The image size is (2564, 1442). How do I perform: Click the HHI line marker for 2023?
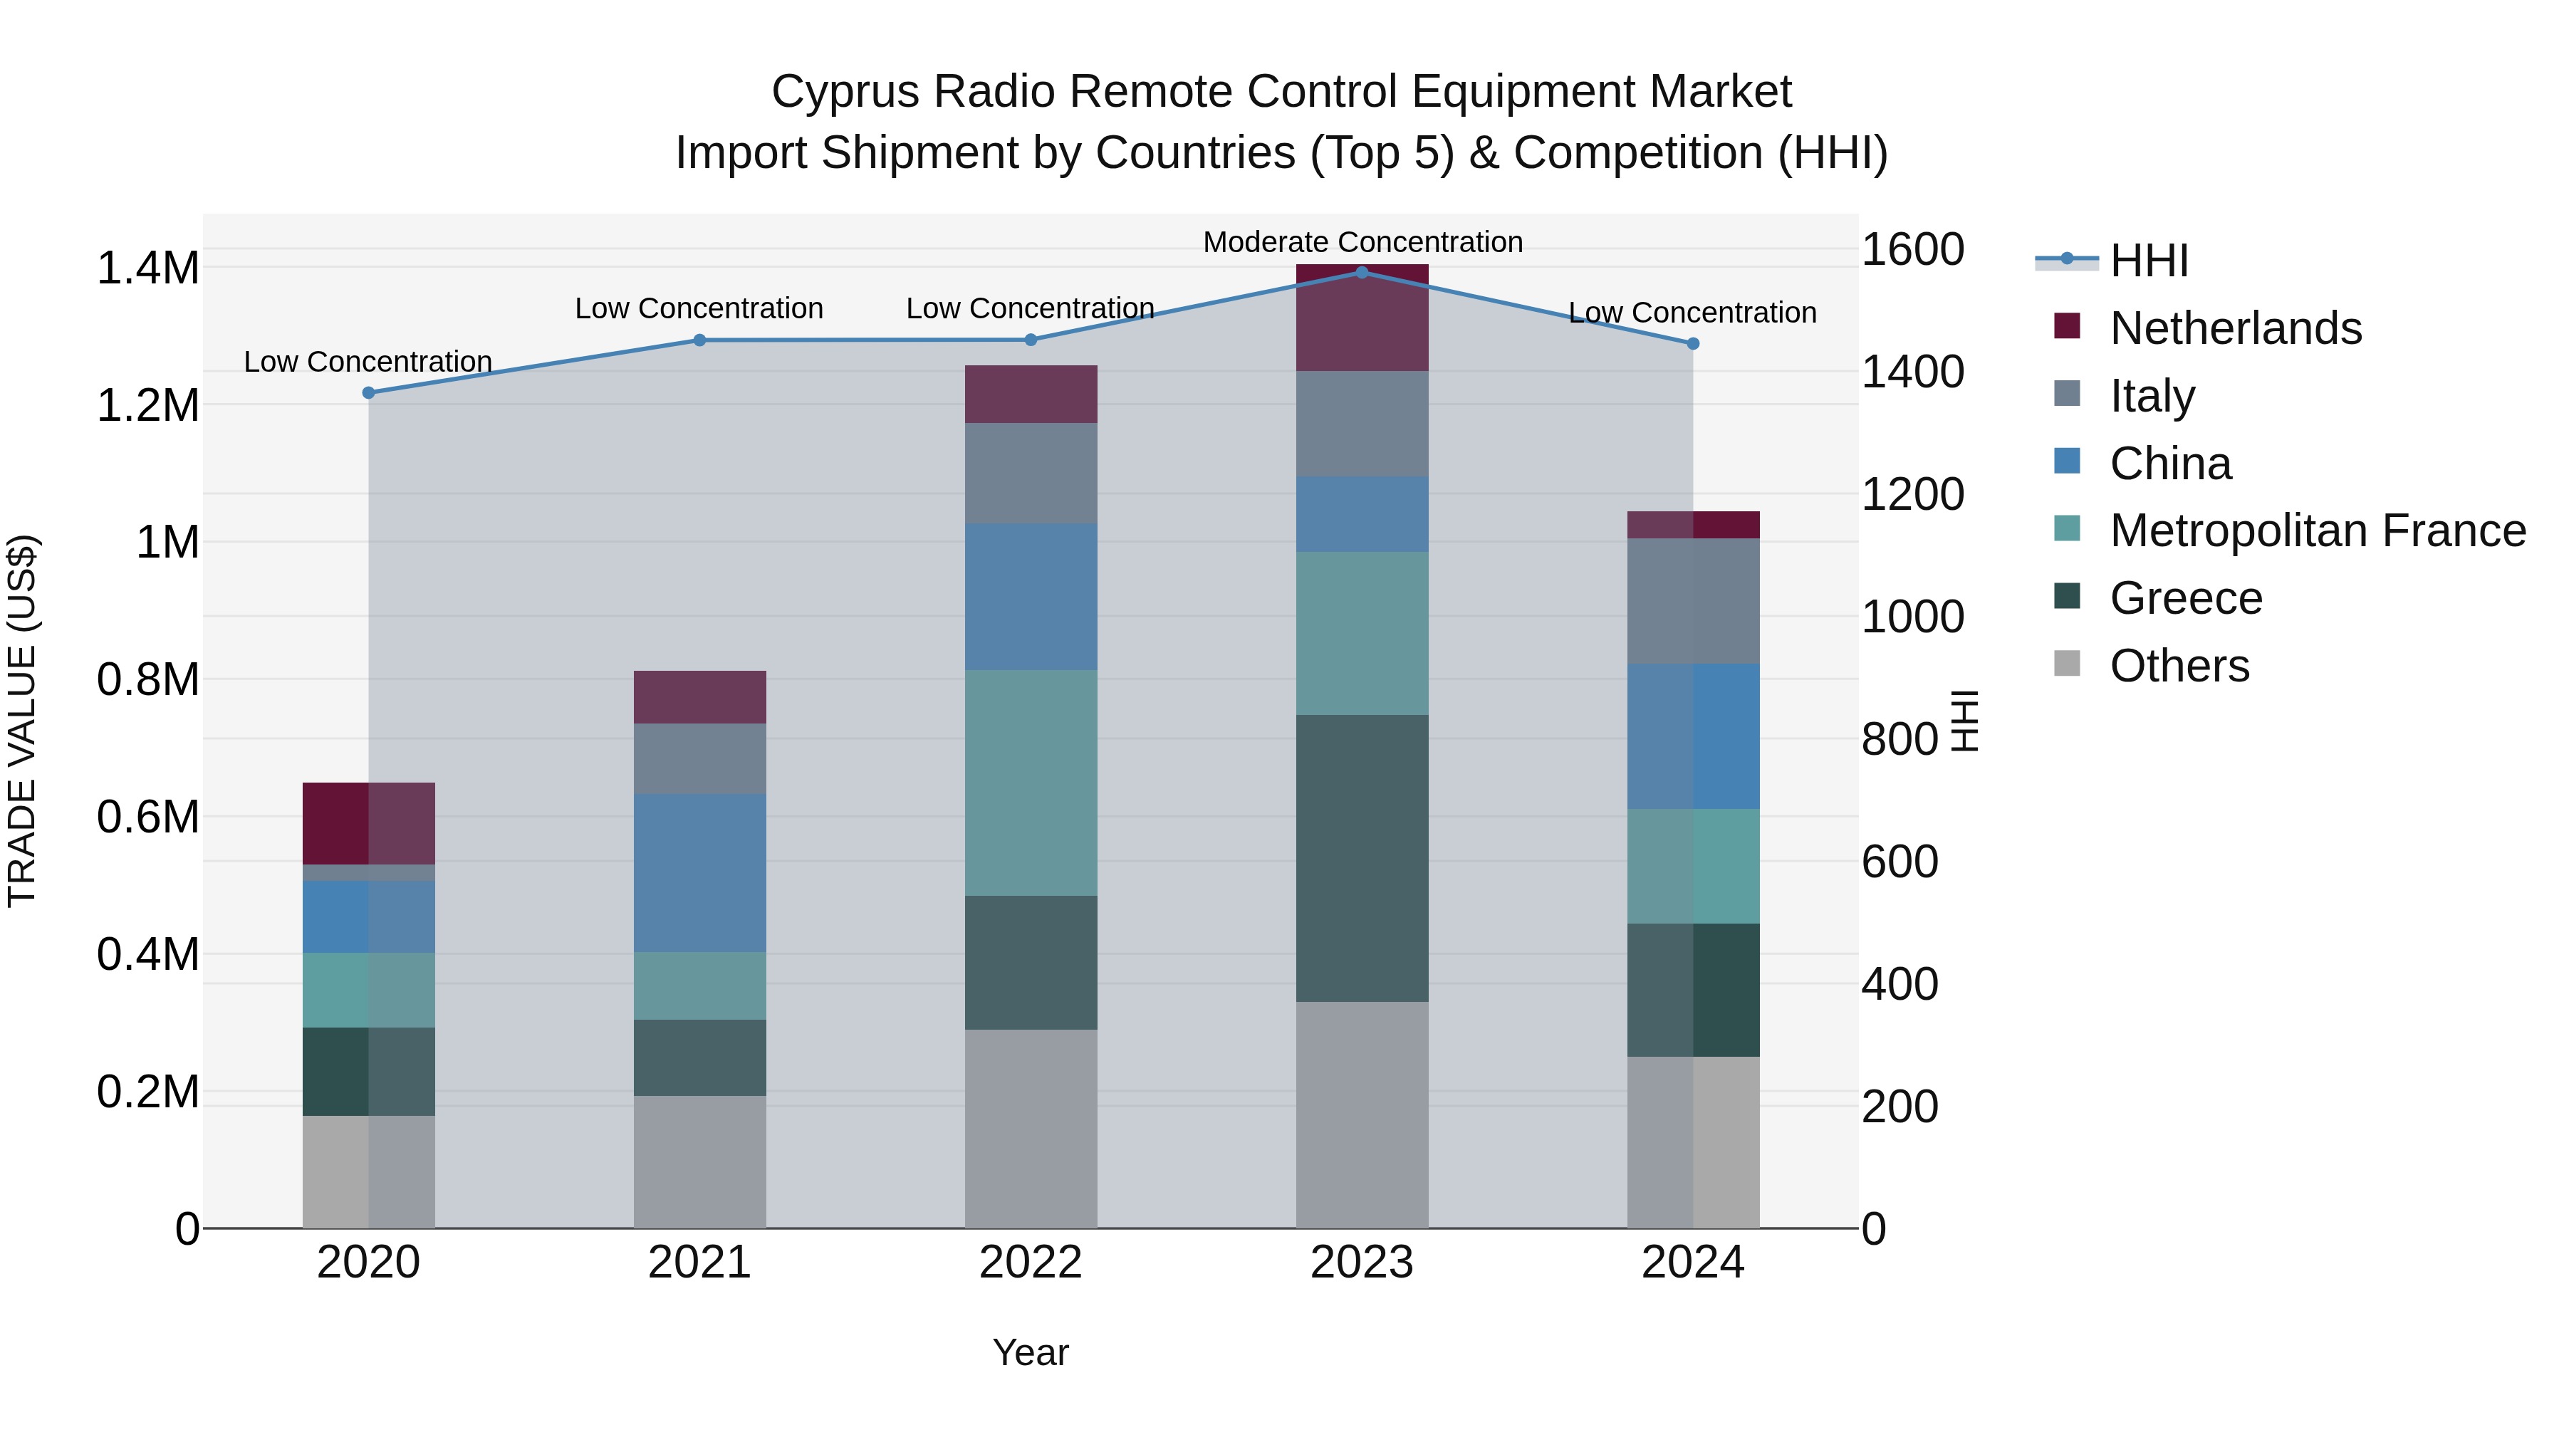1362,272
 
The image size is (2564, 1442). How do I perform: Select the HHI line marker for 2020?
368,392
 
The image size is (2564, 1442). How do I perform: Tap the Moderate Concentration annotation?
1362,242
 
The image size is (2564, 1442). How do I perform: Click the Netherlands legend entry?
2234,328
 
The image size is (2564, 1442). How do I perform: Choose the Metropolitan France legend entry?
2316,531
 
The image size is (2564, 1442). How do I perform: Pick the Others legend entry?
2179,666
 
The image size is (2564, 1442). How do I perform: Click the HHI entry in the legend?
2148,261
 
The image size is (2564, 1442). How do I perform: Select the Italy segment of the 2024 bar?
1693,600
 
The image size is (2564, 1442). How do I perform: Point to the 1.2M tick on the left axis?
147,406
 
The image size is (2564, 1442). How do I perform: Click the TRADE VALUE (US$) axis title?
22,721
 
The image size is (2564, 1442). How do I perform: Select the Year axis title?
1030,1352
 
